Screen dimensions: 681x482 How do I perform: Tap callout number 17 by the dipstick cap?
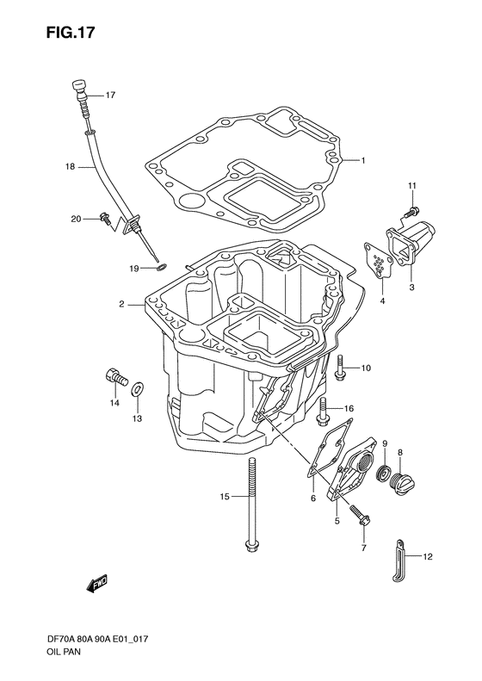[x=110, y=96]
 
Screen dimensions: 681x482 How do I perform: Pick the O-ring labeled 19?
[x=161, y=269]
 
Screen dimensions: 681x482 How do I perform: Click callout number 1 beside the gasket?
[x=364, y=160]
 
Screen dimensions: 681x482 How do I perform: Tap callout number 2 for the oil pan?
[x=123, y=304]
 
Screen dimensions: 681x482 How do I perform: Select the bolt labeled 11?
[x=415, y=207]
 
